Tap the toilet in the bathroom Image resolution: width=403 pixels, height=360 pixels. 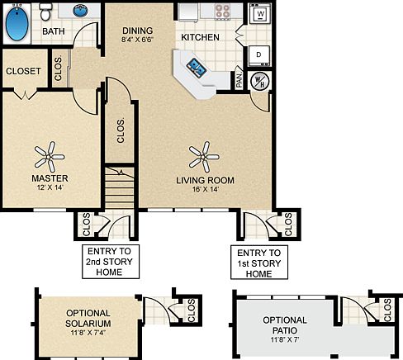click(46, 12)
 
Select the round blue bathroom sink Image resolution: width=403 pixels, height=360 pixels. click(83, 12)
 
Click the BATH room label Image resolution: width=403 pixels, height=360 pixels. click(53, 32)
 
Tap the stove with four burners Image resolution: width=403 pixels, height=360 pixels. click(223, 12)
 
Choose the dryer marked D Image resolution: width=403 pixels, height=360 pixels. click(258, 55)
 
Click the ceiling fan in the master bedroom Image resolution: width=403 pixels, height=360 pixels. click(51, 151)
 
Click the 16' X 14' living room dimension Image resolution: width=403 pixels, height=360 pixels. click(205, 190)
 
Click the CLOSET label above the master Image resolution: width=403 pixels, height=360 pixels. click(23, 71)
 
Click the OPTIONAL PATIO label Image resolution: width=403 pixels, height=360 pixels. click(285, 325)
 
